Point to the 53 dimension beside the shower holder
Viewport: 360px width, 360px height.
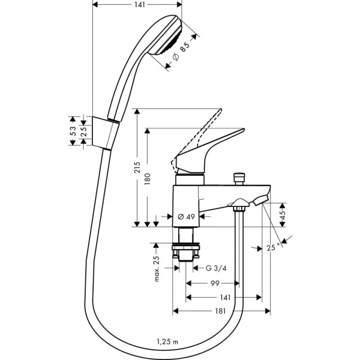click(73, 130)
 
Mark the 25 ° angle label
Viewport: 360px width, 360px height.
click(274, 246)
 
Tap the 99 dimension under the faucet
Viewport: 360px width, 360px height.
click(214, 283)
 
